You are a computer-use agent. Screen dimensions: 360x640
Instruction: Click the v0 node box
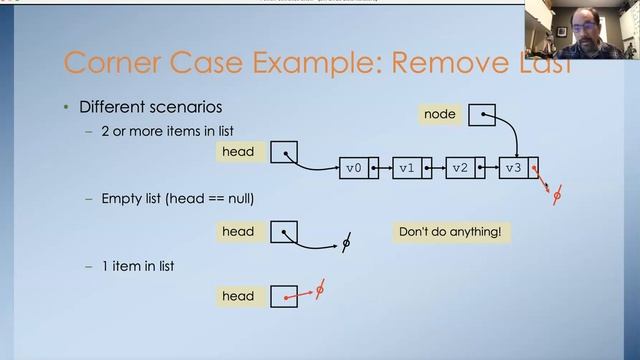(x=354, y=168)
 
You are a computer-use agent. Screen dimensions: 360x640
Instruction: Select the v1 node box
(x=407, y=168)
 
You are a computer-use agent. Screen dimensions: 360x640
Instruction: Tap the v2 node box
(x=460, y=168)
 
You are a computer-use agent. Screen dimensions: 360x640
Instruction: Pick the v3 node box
(x=513, y=168)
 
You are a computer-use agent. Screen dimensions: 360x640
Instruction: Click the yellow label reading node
(x=440, y=114)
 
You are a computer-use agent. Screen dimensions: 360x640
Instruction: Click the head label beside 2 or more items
(x=238, y=152)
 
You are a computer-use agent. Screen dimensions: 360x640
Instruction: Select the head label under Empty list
(x=238, y=232)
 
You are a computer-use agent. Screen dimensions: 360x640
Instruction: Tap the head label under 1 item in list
(x=238, y=296)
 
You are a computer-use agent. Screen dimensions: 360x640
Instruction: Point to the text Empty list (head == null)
(x=178, y=199)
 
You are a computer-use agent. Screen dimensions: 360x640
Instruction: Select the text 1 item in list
(x=145, y=265)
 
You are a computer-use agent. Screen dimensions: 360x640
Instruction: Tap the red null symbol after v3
(x=557, y=195)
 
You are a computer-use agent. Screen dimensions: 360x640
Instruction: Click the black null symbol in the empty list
(x=346, y=242)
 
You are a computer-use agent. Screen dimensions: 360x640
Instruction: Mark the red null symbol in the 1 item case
(x=320, y=292)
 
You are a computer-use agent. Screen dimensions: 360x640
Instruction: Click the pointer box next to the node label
(x=483, y=115)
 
